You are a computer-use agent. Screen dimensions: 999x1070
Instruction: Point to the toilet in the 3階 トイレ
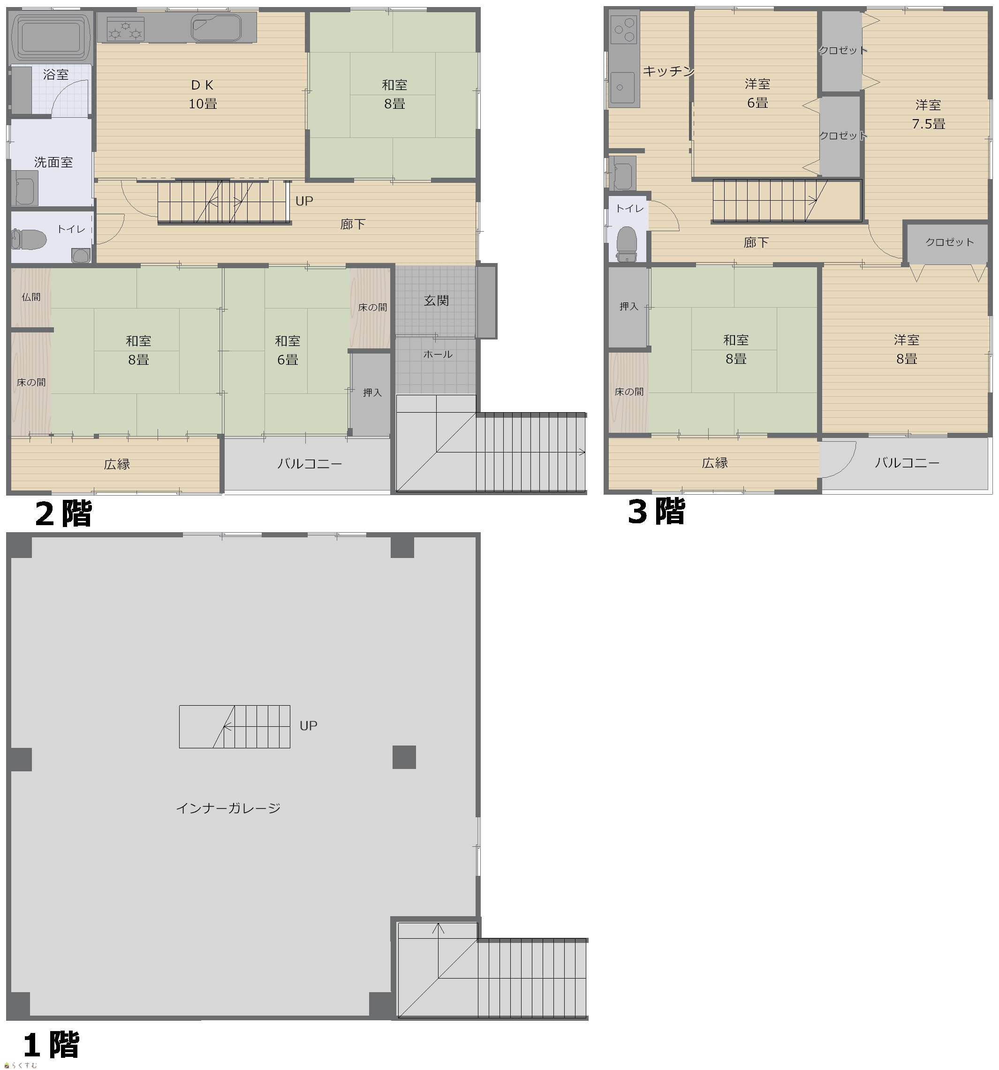pyautogui.click(x=627, y=243)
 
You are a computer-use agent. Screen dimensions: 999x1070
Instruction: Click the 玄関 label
pyautogui.click(x=436, y=301)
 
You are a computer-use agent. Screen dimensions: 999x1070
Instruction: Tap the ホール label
pyautogui.click(x=438, y=354)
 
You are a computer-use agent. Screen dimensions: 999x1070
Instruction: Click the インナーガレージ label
pyautogui.click(x=228, y=808)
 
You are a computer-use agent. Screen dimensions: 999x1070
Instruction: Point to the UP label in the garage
pyautogui.click(x=309, y=725)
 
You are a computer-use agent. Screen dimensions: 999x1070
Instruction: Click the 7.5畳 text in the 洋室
pyautogui.click(x=929, y=124)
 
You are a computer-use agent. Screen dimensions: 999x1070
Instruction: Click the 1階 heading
pyautogui.click(x=51, y=1045)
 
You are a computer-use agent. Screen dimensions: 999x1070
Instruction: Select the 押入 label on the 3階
pyautogui.click(x=628, y=306)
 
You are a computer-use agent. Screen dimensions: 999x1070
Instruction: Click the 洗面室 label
pyautogui.click(x=53, y=162)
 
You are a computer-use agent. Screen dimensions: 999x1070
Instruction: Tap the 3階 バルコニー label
pyautogui.click(x=907, y=462)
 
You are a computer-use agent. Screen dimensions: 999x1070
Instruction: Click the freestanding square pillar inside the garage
pyautogui.click(x=404, y=757)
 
